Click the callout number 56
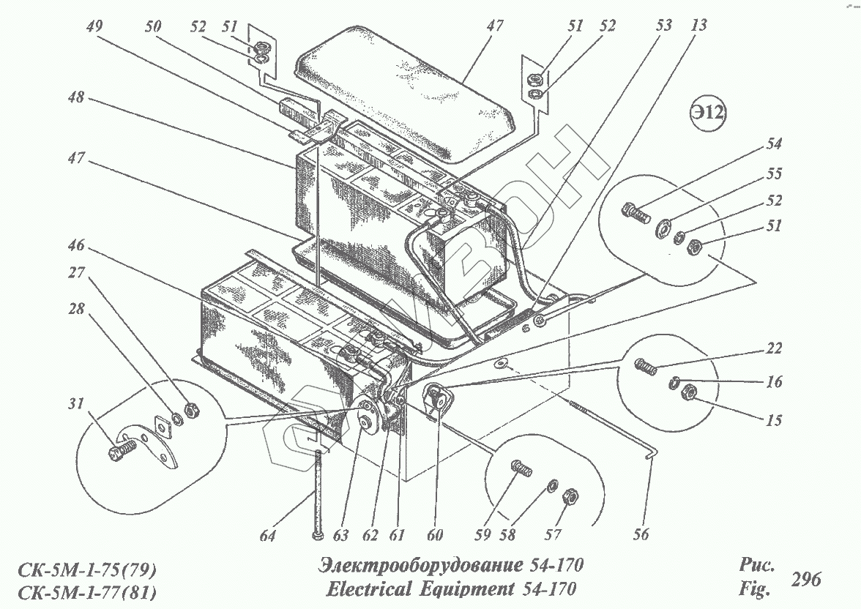[x=641, y=535]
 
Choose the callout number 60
[x=435, y=536]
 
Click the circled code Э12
[x=707, y=115]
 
